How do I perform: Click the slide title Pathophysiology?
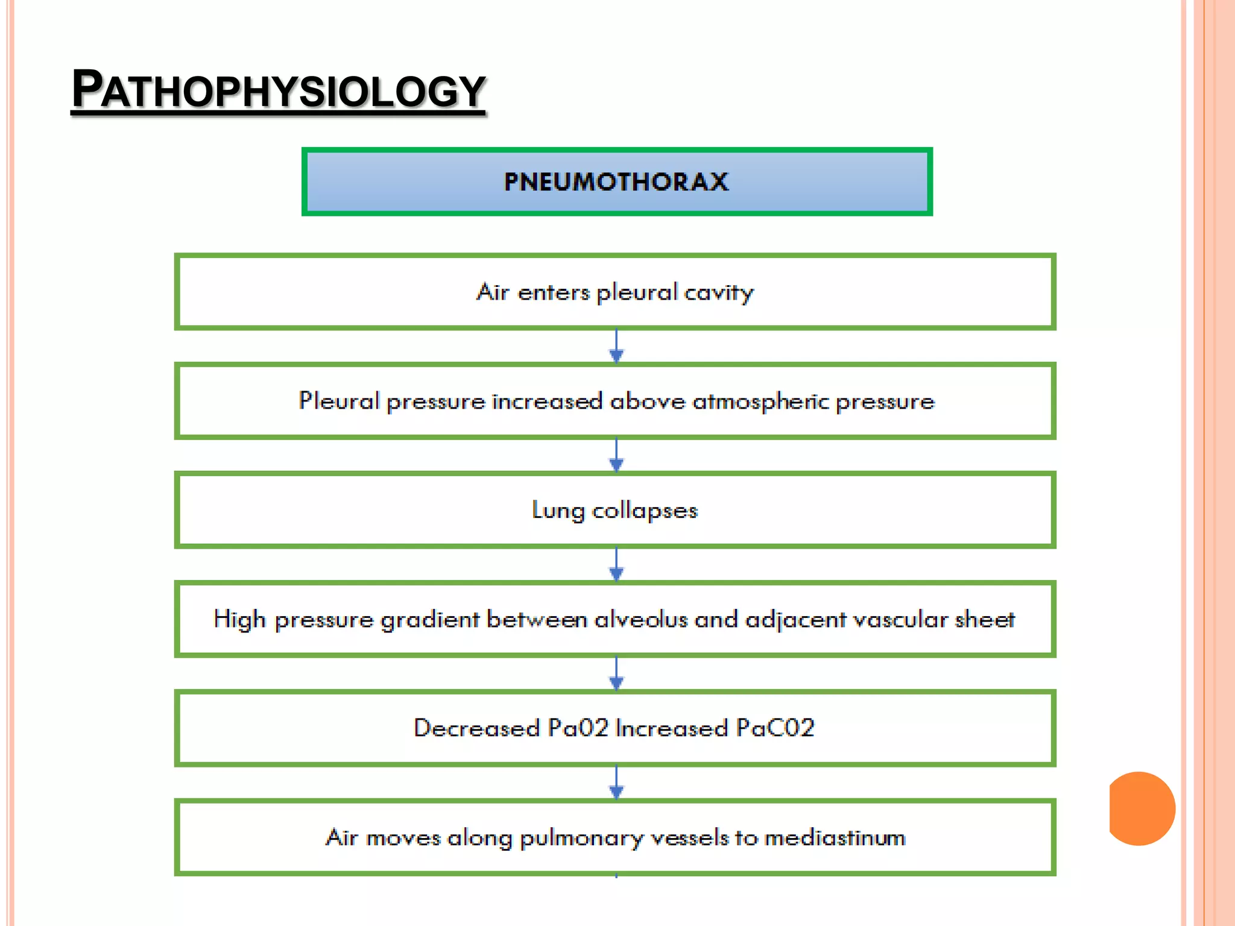[x=278, y=90]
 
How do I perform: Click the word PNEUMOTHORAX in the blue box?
[x=616, y=181]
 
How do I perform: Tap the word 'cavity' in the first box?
[x=719, y=293]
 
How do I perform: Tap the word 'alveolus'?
[x=641, y=620]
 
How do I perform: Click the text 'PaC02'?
[x=775, y=728]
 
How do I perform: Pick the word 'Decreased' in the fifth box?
[x=476, y=728]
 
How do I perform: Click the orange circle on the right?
[x=1142, y=808]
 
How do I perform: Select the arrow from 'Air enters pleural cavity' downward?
[x=616, y=347]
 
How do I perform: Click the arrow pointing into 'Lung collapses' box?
[x=616, y=456]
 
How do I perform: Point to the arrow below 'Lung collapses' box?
[x=616, y=565]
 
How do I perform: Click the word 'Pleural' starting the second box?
[x=339, y=402]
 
